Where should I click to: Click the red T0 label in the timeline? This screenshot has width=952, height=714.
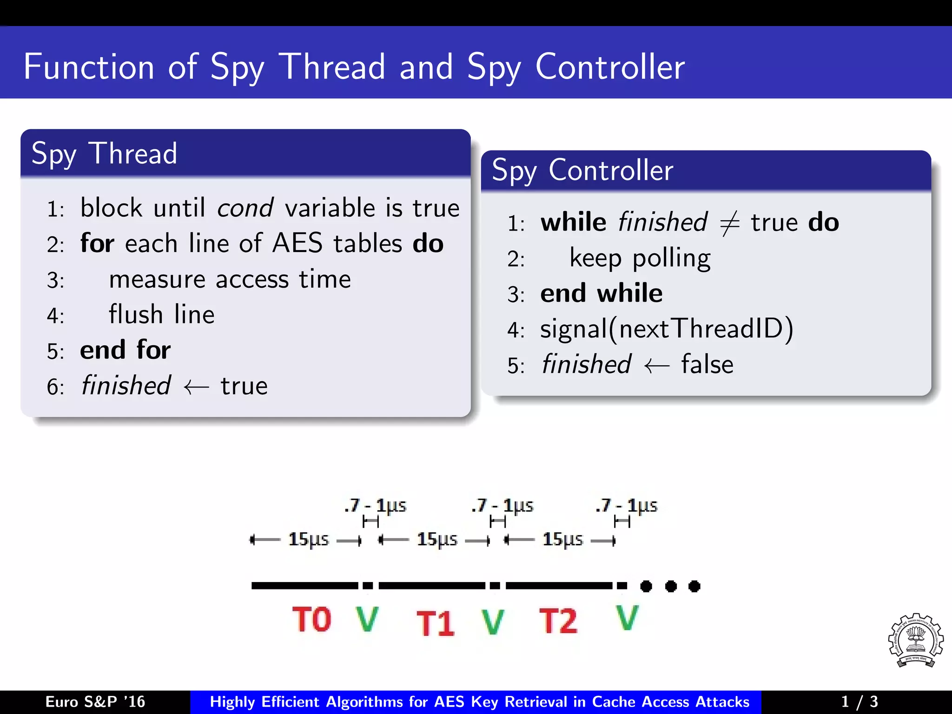pyautogui.click(x=312, y=620)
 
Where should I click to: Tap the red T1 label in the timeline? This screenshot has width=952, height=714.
pyautogui.click(x=435, y=623)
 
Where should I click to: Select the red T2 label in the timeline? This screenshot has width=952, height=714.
pyautogui.click(x=558, y=621)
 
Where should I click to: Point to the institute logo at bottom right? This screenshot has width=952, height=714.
pyautogui.click(x=915, y=641)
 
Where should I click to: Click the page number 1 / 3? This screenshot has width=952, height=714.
pyautogui.click(x=859, y=701)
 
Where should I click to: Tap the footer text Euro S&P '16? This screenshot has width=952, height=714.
pyautogui.click(x=95, y=701)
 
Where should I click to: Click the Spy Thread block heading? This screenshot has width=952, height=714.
pyautogui.click(x=105, y=153)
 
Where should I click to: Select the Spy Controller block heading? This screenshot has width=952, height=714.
pyautogui.click(x=582, y=170)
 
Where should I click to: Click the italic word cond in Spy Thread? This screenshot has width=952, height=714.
pyautogui.click(x=245, y=208)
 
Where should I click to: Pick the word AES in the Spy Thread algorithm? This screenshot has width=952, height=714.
pyautogui.click(x=297, y=243)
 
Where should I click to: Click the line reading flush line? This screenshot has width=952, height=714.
pyautogui.click(x=161, y=315)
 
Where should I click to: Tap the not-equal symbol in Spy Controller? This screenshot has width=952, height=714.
pyautogui.click(x=729, y=224)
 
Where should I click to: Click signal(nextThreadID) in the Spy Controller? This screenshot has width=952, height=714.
pyautogui.click(x=667, y=329)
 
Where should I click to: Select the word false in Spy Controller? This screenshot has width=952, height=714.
pyautogui.click(x=707, y=365)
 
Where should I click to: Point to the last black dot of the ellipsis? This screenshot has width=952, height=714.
pyautogui.click(x=694, y=586)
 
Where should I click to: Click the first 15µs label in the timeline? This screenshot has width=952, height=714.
pyautogui.click(x=308, y=539)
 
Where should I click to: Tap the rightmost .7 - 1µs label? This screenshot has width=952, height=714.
pyautogui.click(x=626, y=505)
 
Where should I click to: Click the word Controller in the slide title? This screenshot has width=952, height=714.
pyautogui.click(x=610, y=67)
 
